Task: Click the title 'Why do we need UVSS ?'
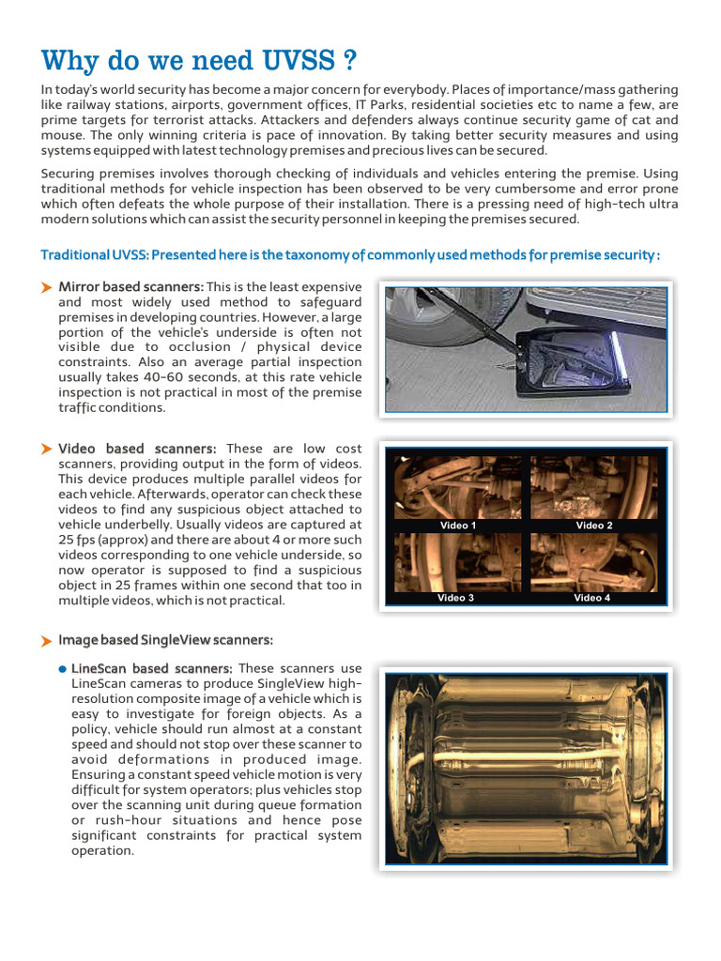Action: (199, 61)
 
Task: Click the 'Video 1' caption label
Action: (458, 526)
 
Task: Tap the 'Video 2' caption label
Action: (594, 526)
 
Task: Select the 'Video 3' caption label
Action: (455, 598)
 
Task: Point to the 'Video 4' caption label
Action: (592, 598)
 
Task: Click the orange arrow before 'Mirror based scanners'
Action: (46, 287)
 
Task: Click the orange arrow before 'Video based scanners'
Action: (46, 450)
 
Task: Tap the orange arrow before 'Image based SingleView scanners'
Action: (46, 641)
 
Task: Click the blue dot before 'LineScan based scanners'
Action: (62, 669)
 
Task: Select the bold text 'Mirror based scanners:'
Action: (130, 286)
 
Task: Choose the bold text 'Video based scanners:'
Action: (137, 450)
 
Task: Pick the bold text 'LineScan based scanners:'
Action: (152, 668)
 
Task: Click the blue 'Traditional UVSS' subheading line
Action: (350, 255)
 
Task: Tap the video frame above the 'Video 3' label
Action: (457, 561)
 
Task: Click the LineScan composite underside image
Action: (526, 769)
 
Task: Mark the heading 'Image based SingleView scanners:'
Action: (165, 640)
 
